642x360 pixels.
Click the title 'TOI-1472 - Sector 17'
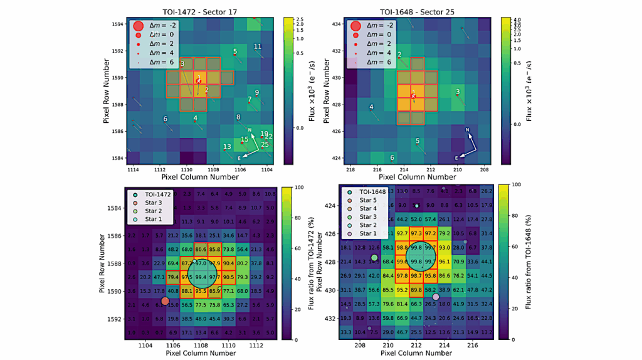click(199, 11)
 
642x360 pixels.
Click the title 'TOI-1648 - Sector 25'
click(417, 11)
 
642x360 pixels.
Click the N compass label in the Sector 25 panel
click(468, 130)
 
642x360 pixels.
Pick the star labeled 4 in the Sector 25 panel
click(371, 108)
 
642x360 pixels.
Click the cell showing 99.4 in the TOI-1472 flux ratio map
click(201, 277)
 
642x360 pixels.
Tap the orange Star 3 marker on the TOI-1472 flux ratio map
click(165, 301)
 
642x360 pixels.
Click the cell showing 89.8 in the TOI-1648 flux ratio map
click(416, 290)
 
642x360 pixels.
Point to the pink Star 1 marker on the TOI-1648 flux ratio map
click(436, 297)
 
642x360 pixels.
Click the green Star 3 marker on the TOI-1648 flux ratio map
click(374, 258)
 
